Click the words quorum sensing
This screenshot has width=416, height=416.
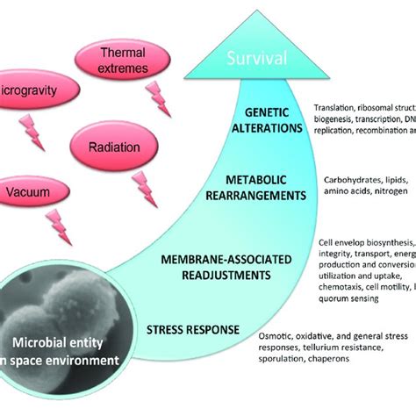click(347, 298)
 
